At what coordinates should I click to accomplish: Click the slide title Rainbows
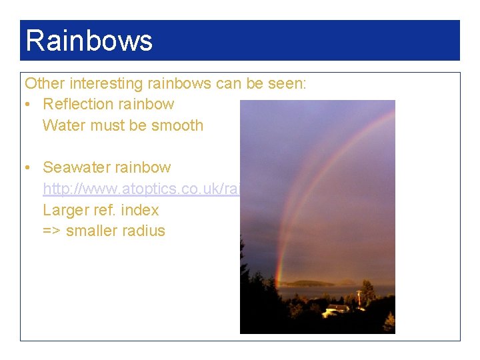click(x=89, y=41)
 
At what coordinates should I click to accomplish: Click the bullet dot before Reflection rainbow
click(x=29, y=105)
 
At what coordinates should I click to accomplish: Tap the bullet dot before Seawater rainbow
click(x=29, y=168)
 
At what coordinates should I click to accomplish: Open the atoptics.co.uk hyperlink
click(x=141, y=189)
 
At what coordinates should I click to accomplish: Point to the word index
click(x=140, y=210)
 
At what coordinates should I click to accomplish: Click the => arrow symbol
click(x=53, y=231)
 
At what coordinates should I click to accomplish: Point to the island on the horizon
click(x=310, y=283)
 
